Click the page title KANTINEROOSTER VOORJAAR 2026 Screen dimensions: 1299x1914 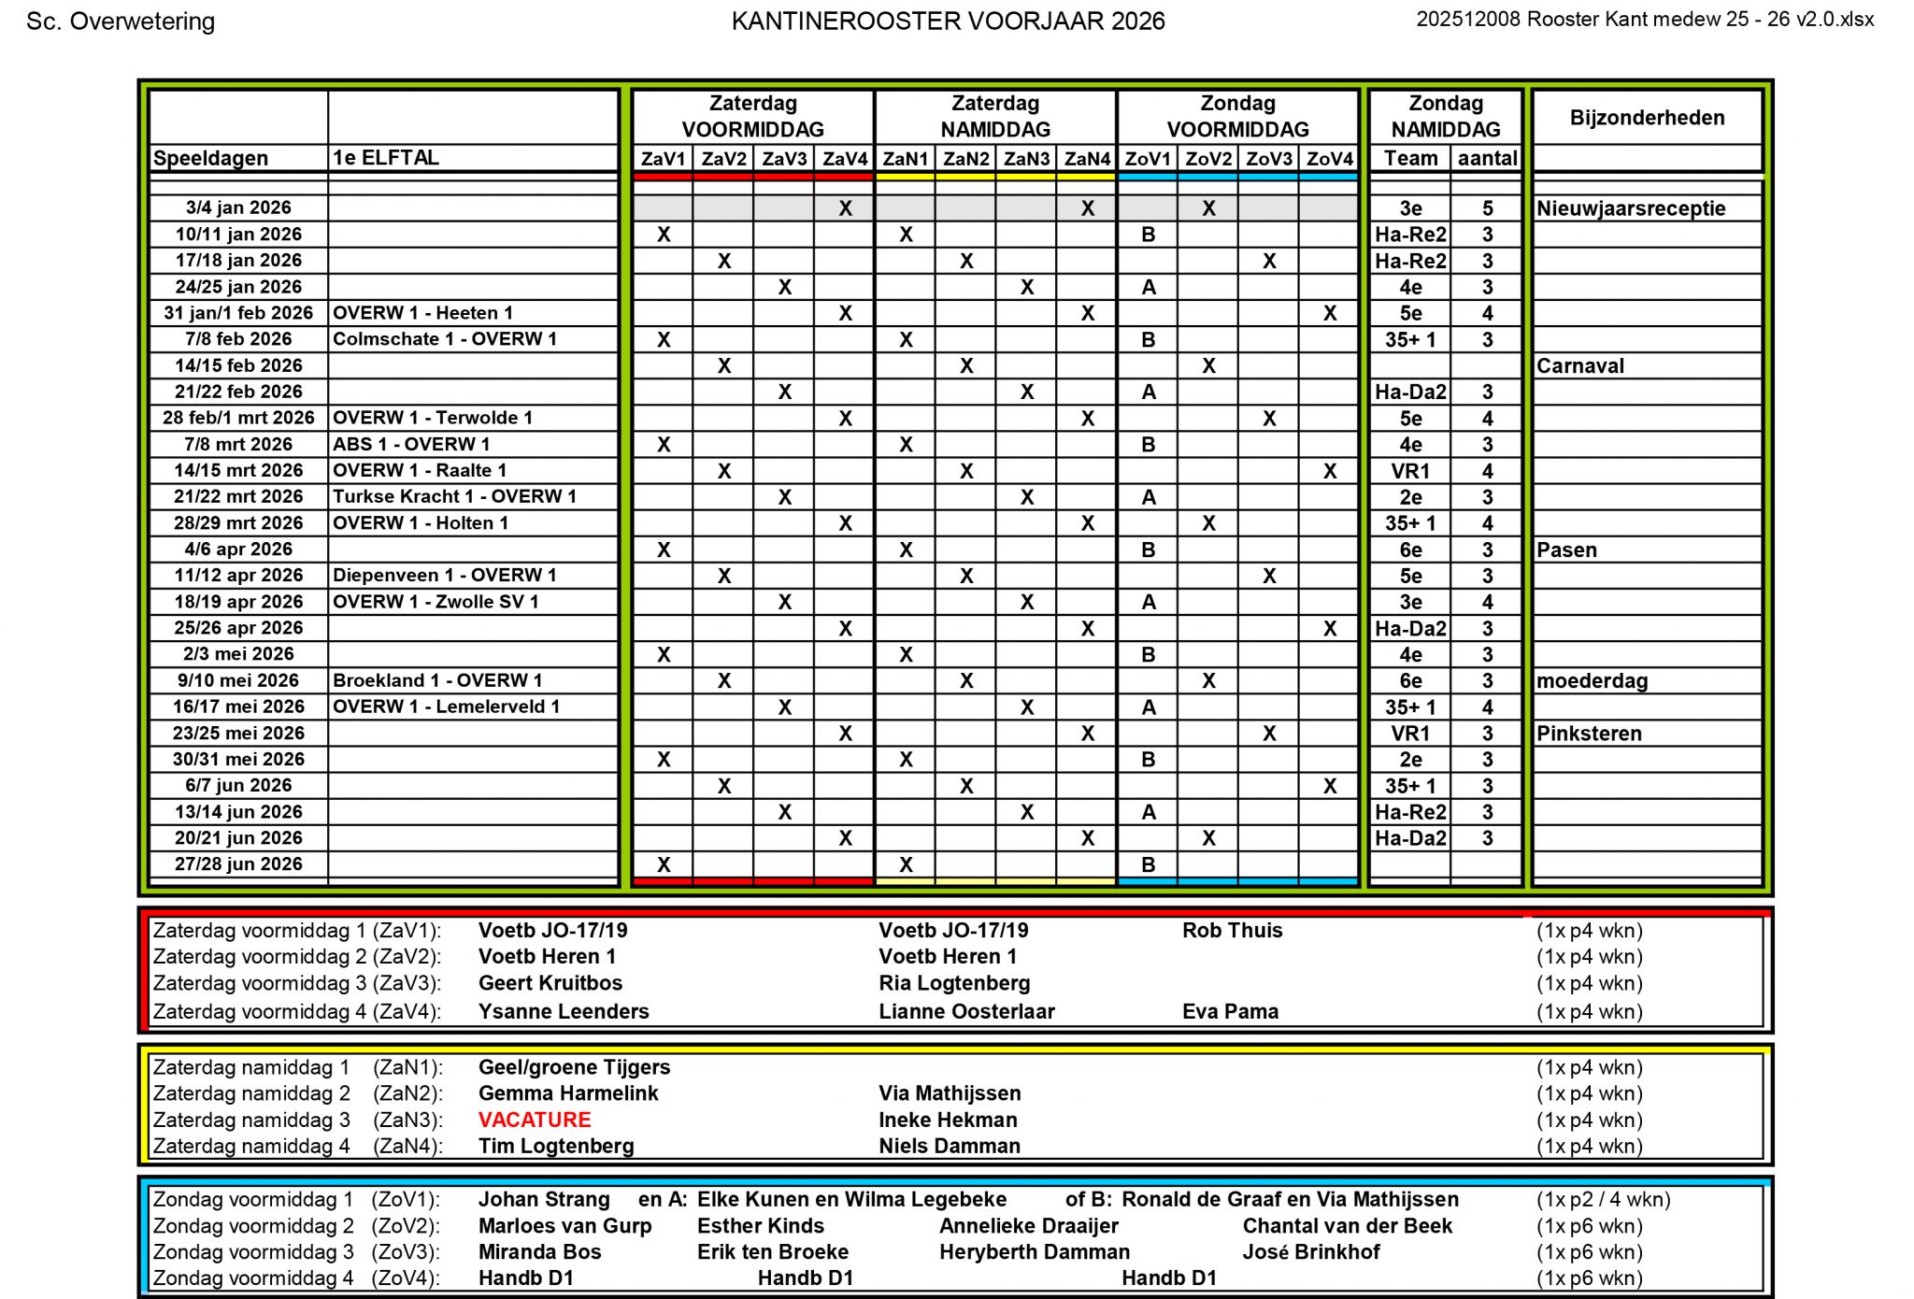click(947, 21)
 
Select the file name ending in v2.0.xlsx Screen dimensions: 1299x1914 click(1644, 20)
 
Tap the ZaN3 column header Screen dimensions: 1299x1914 click(1026, 159)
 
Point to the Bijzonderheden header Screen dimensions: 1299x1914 click(1647, 118)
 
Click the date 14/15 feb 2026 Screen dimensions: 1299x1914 click(238, 365)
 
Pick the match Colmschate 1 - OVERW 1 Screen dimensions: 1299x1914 click(444, 339)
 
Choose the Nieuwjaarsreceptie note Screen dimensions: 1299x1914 click(1631, 208)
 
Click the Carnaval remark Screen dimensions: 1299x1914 click(1579, 366)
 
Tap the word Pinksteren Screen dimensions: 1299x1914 click(1589, 734)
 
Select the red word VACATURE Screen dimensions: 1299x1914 click(535, 1120)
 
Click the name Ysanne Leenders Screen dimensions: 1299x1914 click(564, 1011)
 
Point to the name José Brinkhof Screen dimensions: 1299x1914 click(1310, 1252)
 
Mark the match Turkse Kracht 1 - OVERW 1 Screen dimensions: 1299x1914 click(454, 497)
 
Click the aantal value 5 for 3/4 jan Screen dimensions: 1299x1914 click(1487, 208)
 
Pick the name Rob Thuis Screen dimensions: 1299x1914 click(1232, 931)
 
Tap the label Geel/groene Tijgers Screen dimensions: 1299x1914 click(574, 1067)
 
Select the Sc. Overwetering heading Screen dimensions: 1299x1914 click(121, 21)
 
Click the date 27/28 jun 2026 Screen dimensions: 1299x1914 click(238, 864)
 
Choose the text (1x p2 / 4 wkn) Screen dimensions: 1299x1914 click(1603, 1200)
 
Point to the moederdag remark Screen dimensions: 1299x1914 click(1592, 681)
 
